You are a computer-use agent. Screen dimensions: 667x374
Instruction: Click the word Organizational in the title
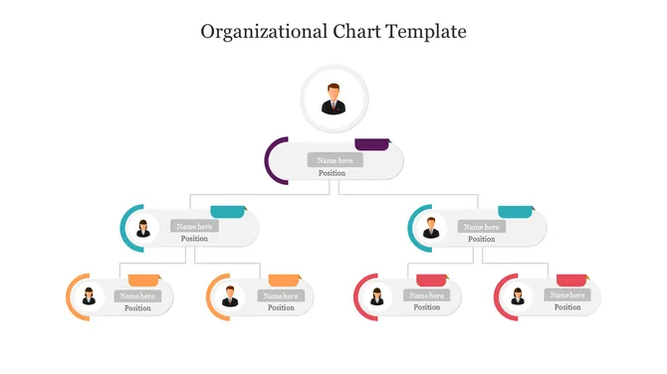click(256, 31)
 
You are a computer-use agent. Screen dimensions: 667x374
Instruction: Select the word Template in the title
click(427, 31)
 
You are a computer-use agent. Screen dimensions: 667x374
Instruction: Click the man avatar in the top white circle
click(334, 99)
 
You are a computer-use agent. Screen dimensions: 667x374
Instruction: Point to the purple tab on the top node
click(372, 145)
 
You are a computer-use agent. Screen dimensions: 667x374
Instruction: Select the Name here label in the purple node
click(333, 160)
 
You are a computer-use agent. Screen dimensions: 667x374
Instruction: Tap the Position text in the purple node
click(332, 173)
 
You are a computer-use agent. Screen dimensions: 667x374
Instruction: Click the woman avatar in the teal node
click(144, 228)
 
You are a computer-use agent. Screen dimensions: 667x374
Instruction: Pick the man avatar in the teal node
click(432, 228)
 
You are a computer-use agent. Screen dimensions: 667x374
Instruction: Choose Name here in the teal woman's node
click(194, 226)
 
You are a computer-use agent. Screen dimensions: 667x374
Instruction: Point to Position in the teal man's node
click(482, 239)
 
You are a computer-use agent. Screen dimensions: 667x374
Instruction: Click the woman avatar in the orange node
click(89, 296)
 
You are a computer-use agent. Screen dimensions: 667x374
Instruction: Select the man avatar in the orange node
click(231, 296)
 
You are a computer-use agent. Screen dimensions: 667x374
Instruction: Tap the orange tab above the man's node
click(285, 280)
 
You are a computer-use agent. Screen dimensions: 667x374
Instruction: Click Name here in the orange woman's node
click(138, 295)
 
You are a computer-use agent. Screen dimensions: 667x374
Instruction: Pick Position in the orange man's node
click(282, 307)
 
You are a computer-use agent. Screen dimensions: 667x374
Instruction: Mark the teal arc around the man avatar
click(412, 228)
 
